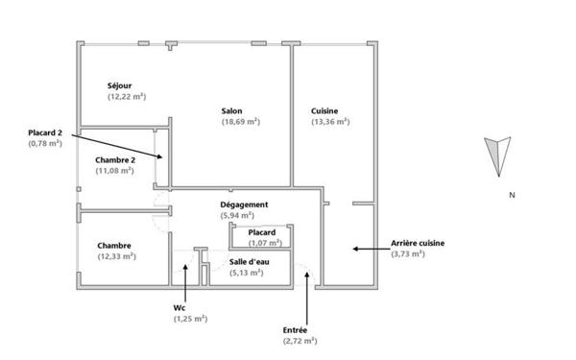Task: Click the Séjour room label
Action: click(x=121, y=85)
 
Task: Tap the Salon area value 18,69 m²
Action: click(x=241, y=122)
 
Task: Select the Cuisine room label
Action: click(x=324, y=110)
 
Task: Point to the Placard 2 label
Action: click(x=44, y=132)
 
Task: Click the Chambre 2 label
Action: click(x=115, y=158)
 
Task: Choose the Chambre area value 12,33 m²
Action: click(x=116, y=256)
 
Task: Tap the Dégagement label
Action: click(x=244, y=204)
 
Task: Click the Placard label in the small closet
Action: click(x=262, y=233)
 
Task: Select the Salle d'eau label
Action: click(x=248, y=261)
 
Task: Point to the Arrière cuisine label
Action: click(x=418, y=243)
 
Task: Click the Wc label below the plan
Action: click(x=179, y=307)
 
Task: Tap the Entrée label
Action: click(x=296, y=329)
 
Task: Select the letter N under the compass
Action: click(x=512, y=195)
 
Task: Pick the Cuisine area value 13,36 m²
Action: click(x=329, y=122)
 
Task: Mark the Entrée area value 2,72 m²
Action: click(x=300, y=341)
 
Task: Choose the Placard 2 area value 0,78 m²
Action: click(x=44, y=143)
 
